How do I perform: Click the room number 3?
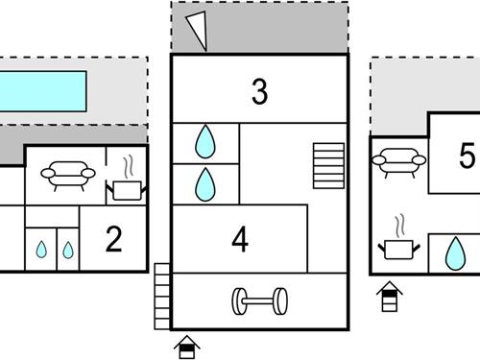tap(259, 92)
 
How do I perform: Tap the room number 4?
tap(240, 239)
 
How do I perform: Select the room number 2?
tap(113, 239)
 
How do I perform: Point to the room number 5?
tap(467, 156)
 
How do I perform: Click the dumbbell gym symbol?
tap(259, 301)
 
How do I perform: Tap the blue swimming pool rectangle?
tap(42, 91)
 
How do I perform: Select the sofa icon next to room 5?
tap(399, 162)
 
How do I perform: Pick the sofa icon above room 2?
tap(68, 176)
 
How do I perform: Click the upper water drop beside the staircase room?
tap(205, 142)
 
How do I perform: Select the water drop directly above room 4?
tap(205, 184)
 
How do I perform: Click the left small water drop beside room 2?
tap(41, 250)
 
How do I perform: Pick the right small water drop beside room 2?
tap(68, 250)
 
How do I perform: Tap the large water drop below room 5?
tap(455, 253)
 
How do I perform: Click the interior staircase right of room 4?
tap(328, 166)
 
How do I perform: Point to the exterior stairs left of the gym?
tap(162, 297)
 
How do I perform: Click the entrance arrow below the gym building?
tap(187, 347)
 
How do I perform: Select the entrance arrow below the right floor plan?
tap(390, 297)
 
